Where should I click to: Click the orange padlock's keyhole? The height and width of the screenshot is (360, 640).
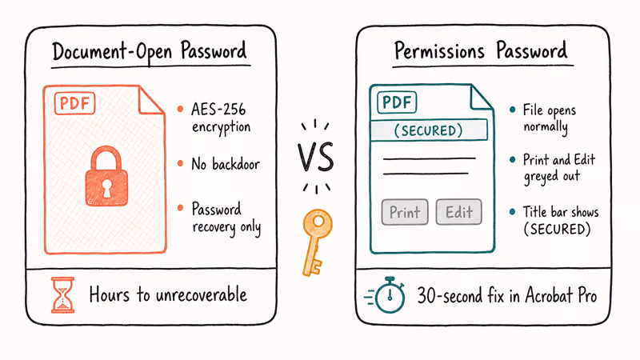(x=106, y=186)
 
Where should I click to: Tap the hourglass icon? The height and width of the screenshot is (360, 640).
(x=61, y=295)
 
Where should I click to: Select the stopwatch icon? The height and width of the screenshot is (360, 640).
(x=388, y=295)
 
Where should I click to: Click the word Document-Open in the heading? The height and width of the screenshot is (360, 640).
(x=106, y=53)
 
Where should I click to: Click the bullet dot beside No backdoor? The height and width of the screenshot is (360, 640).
(x=182, y=163)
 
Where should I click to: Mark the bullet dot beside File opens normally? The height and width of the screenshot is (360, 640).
(x=512, y=110)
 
